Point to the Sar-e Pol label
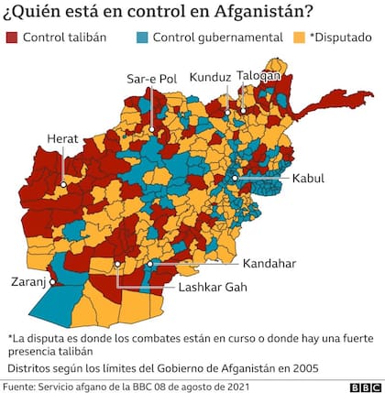(151, 79)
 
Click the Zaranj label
(28, 282)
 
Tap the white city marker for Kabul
(236, 178)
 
